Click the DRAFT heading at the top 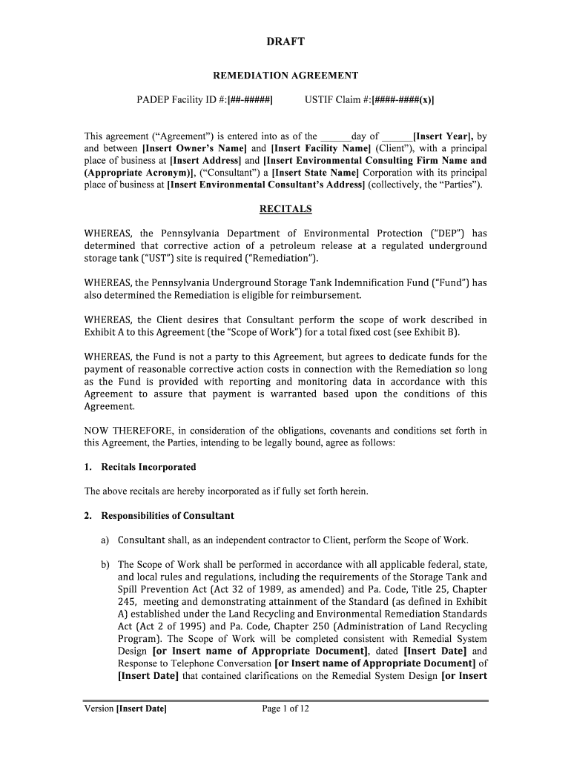pyautogui.click(x=285, y=42)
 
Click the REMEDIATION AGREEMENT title pyautogui.click(x=285, y=75)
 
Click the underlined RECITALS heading pyautogui.click(x=285, y=209)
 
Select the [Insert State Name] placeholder pyautogui.click(x=314, y=172)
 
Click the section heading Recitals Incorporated pyautogui.click(x=148, y=467)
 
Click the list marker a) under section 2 pyautogui.click(x=105, y=540)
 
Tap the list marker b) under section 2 pyautogui.click(x=105, y=565)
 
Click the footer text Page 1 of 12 pyautogui.click(x=285, y=709)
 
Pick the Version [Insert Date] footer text pyautogui.click(x=125, y=709)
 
